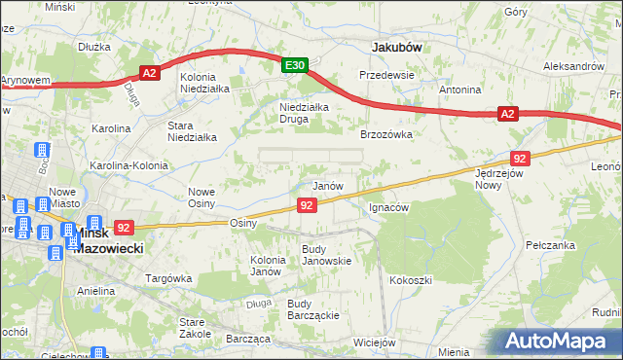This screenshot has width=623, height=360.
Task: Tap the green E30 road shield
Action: coord(296,65)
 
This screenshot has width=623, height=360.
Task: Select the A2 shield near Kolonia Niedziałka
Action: coord(148,72)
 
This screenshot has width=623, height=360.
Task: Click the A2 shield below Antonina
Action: coord(506,115)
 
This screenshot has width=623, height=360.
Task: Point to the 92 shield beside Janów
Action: coord(307,205)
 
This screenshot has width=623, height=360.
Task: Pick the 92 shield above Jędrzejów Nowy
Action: coord(520,158)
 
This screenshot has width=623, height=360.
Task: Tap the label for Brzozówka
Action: coord(387,135)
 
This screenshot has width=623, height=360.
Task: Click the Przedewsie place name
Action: coord(386,74)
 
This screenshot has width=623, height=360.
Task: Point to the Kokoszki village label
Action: coord(410,280)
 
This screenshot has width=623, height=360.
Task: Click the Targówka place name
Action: coord(166,278)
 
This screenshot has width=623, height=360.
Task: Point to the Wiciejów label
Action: coord(374,342)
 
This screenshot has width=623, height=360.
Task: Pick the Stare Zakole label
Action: coord(196,327)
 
